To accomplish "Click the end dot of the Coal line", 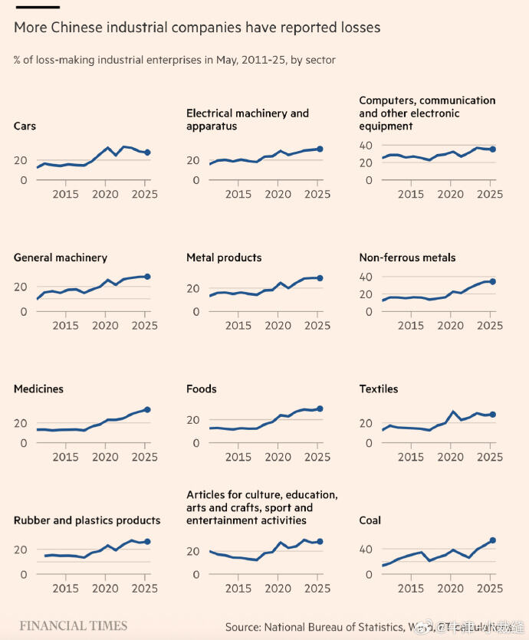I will tap(493, 540).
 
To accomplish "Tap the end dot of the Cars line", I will tap(147, 153).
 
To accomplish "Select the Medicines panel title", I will tap(38, 389).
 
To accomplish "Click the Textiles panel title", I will tap(379, 389).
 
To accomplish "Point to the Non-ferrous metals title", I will tap(407, 258).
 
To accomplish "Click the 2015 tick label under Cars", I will tap(66, 195).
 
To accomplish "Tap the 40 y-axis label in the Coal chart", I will tap(366, 549).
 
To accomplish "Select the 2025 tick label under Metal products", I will tap(317, 326).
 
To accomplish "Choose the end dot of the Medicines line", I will tap(147, 410).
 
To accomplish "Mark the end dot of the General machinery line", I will tap(147, 276).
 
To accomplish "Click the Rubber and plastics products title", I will tap(87, 520).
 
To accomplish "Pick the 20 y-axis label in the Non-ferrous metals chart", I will tap(366, 294).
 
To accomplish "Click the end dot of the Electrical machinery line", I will tap(320, 149).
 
